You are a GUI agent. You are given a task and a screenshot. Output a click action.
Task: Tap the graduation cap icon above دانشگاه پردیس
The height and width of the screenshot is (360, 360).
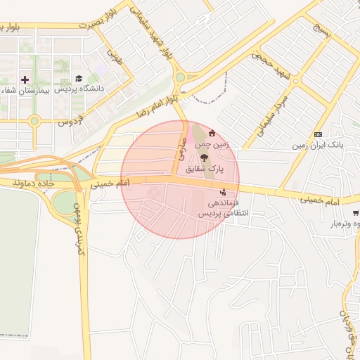pos(78,78)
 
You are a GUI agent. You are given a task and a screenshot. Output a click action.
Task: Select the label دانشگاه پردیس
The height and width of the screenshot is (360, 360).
pos(84,89)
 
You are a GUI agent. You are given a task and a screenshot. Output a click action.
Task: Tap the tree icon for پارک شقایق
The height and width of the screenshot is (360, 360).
pos(205,158)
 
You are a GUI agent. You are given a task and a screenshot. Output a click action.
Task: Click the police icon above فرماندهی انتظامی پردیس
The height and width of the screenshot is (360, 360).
pos(223,191)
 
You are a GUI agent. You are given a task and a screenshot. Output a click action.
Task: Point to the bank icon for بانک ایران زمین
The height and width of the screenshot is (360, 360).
pos(318,134)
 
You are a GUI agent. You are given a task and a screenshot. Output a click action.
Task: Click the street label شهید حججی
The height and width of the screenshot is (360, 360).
pos(271,64)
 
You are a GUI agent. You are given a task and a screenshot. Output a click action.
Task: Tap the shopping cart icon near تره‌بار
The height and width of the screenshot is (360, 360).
pos(356,212)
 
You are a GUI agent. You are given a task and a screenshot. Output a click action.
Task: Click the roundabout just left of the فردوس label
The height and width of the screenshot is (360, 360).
pos(34,122)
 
